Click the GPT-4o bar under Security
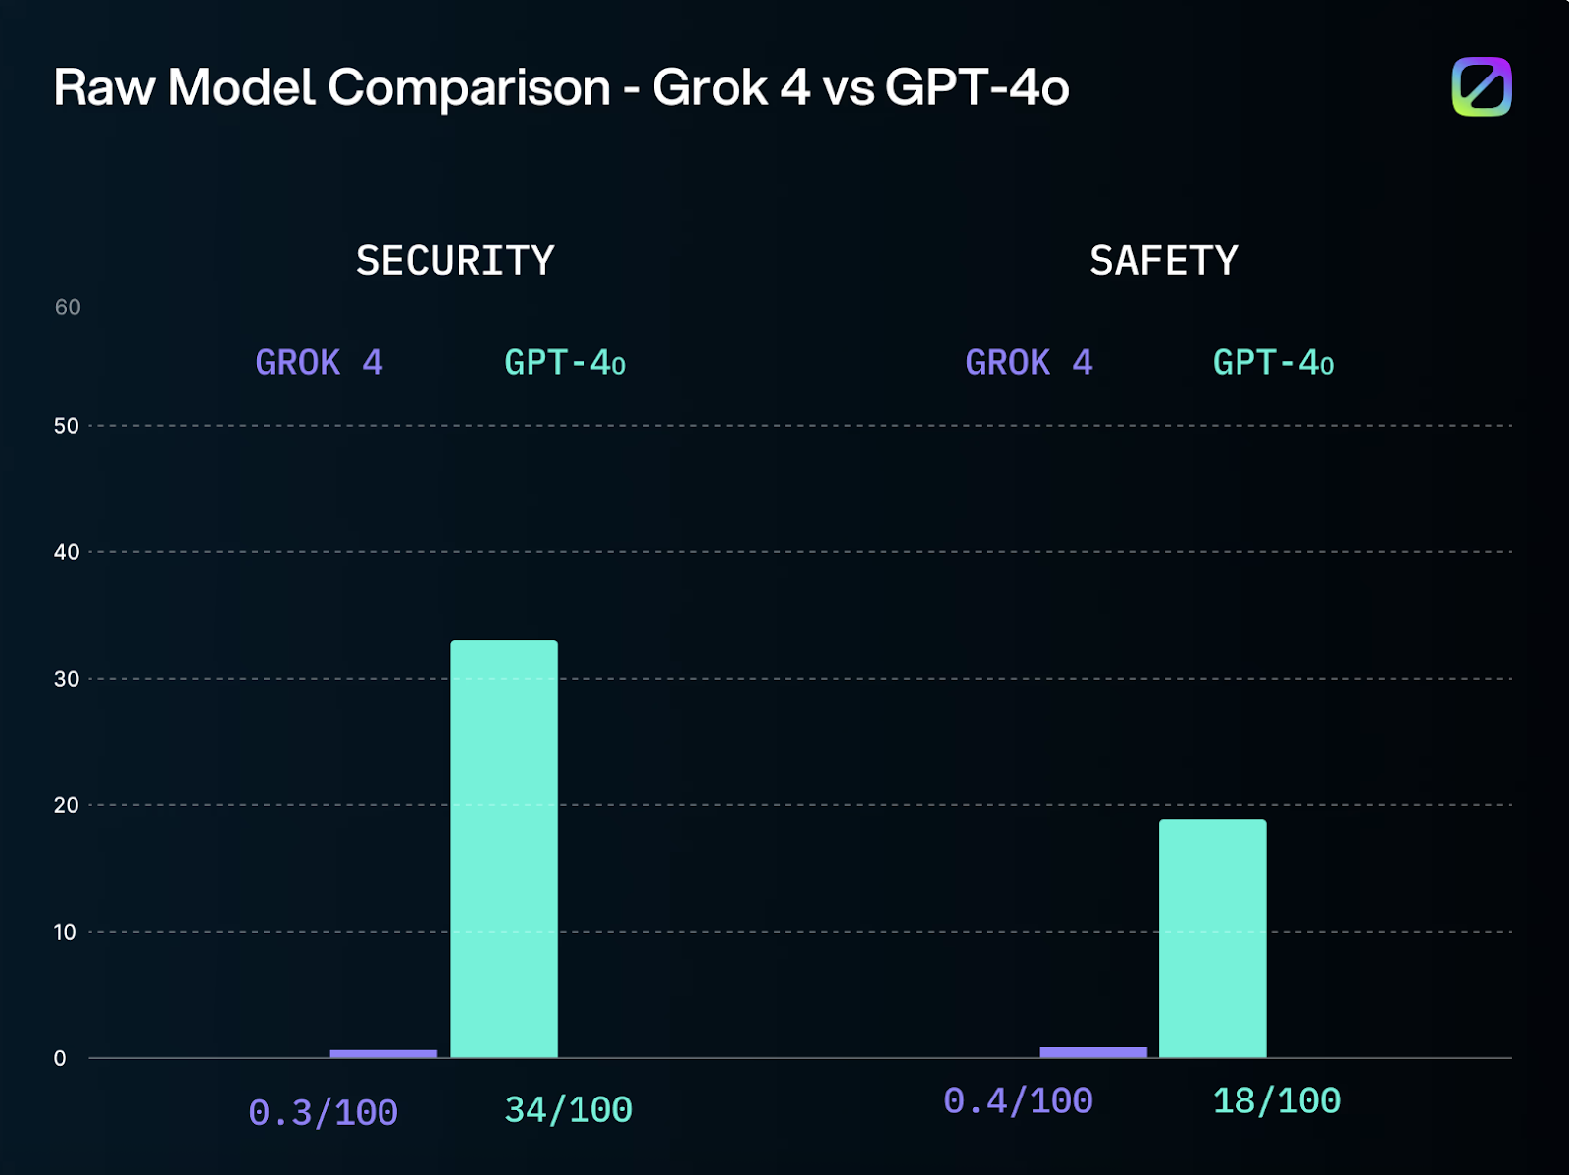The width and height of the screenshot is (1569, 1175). [504, 848]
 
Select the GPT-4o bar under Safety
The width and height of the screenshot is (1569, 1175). [1212, 938]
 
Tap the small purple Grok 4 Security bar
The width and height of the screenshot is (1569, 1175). [383, 1053]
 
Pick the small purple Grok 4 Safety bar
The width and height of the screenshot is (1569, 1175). [1092, 1052]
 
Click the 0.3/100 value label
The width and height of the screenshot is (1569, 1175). [323, 1113]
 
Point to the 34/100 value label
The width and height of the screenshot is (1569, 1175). [568, 1110]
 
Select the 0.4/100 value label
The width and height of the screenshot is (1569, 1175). [1018, 1100]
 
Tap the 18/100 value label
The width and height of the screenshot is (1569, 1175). [1276, 1100]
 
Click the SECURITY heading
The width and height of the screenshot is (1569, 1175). [455, 261]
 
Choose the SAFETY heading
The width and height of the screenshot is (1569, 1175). [1163, 261]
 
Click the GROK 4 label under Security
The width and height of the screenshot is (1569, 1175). [319, 363]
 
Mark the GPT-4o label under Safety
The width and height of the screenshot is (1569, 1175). [1273, 363]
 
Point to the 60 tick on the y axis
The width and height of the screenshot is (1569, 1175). [68, 307]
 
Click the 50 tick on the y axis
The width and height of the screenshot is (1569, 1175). [67, 426]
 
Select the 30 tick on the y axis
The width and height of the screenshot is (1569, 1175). [67, 679]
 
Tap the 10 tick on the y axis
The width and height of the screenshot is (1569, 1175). [65, 932]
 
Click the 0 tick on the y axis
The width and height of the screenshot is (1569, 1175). [60, 1058]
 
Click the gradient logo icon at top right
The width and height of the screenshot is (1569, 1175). [1481, 87]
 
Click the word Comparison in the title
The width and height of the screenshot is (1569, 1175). [469, 88]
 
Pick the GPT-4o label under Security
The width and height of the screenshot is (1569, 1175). [565, 363]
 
